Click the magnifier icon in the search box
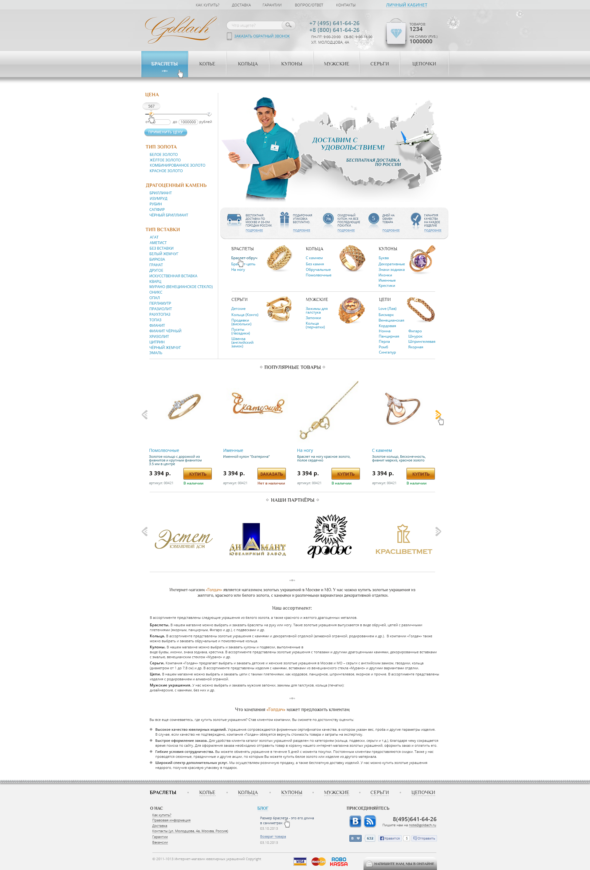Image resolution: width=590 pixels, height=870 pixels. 288,25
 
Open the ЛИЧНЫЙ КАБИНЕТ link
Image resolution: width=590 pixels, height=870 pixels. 406,5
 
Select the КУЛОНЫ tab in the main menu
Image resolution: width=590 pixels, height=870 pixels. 291,64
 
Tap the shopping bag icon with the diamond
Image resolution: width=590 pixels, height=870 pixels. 396,33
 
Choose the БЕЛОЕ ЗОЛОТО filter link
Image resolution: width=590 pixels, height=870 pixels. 163,155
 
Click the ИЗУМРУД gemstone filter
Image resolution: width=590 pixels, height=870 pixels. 158,198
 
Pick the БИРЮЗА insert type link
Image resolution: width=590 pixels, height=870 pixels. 157,259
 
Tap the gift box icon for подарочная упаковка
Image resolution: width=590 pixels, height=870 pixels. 284,220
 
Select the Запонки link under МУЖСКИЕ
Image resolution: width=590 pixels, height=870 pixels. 313,318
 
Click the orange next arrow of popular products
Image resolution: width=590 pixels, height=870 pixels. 438,414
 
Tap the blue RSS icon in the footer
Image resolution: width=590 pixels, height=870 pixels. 370,821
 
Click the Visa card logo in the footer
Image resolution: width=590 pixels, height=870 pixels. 300,861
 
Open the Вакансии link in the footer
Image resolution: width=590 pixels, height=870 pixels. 160,842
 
